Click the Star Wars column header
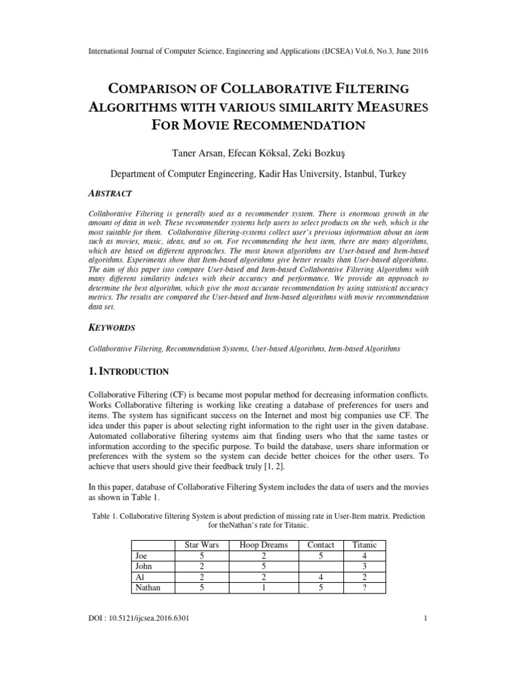coord(201,544)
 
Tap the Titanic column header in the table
coord(365,544)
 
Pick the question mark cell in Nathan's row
coord(365,588)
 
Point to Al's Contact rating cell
coord(321,577)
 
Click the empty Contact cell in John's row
coord(321,565)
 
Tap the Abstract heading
coord(110,193)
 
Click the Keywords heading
coord(112,328)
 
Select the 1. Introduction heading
coord(129,370)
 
